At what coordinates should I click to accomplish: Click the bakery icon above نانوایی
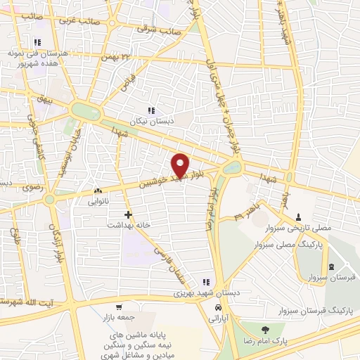point(98,191)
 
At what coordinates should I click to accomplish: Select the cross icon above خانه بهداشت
point(127,214)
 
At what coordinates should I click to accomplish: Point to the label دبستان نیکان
point(151,120)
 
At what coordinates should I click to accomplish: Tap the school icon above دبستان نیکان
point(150,110)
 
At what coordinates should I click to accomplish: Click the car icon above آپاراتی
point(219,309)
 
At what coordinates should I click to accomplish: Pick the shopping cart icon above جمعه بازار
point(120,307)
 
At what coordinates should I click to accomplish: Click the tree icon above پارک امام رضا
point(264,330)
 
